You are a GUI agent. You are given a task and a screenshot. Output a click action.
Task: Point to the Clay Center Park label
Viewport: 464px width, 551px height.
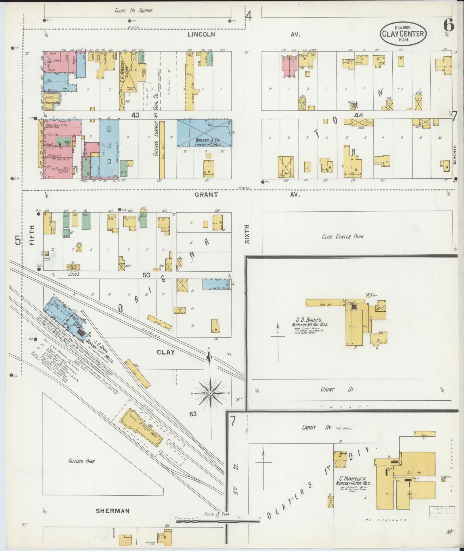click(x=343, y=237)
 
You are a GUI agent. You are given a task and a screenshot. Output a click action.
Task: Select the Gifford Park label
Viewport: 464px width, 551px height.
click(x=83, y=461)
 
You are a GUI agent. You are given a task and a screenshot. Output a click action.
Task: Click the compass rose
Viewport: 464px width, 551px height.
click(x=211, y=393)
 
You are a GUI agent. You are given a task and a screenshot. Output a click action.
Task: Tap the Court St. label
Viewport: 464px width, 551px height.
click(x=337, y=389)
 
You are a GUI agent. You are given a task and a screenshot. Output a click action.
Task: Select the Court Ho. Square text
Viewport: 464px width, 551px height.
click(x=134, y=11)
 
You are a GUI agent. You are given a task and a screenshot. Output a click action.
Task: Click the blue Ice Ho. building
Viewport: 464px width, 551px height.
click(x=216, y=284)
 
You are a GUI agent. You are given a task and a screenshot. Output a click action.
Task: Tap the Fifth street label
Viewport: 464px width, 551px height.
click(x=32, y=235)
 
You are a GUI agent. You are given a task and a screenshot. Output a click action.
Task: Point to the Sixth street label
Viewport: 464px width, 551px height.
click(x=247, y=234)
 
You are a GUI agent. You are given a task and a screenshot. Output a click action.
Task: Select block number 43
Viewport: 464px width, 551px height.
click(x=135, y=115)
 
